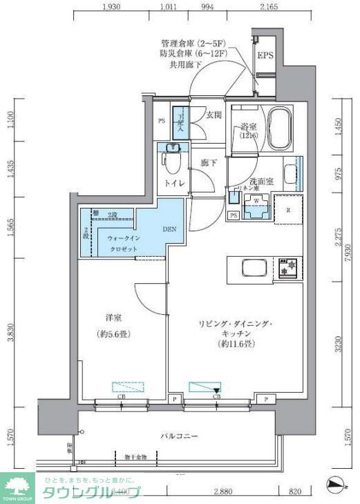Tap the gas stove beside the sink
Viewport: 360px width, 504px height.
coord(287,269)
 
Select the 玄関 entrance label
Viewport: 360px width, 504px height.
coord(214,115)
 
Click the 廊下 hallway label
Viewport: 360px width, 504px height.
coord(209,163)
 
